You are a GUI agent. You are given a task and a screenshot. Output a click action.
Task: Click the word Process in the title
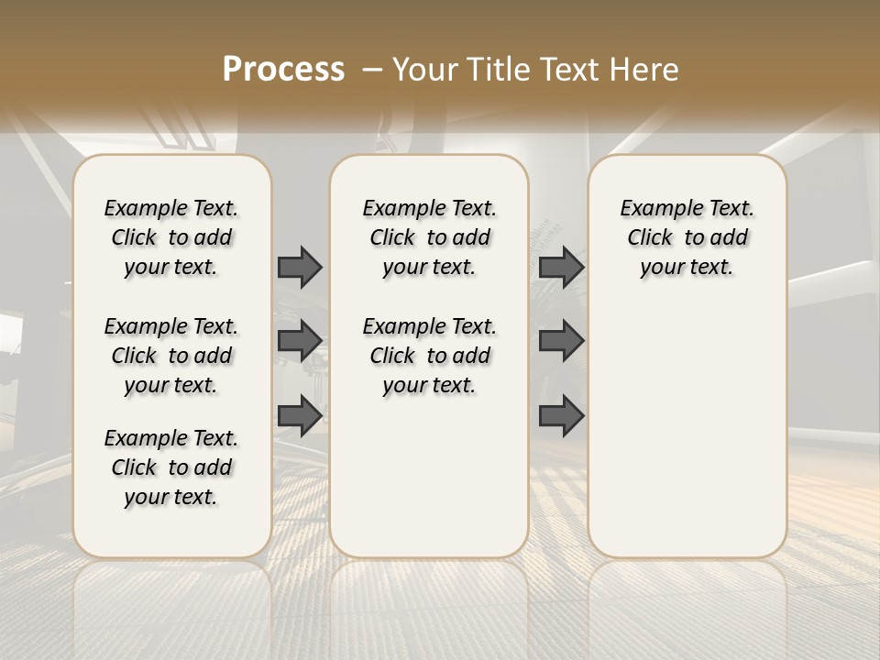point(283,70)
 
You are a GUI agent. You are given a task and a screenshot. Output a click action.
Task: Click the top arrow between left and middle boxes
point(300,267)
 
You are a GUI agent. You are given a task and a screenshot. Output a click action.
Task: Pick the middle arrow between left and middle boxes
point(300,341)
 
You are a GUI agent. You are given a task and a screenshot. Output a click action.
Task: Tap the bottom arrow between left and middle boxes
point(300,416)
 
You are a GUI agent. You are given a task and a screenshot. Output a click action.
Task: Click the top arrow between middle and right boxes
point(561,267)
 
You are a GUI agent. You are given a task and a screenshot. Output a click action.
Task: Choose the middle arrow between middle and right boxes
point(561,341)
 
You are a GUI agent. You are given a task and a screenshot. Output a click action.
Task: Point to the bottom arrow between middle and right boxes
point(561,416)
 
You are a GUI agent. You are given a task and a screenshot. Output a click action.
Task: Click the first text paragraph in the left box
point(171,237)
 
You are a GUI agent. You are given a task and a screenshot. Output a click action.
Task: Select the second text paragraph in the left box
point(171,356)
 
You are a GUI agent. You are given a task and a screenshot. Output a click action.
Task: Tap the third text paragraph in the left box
point(171,467)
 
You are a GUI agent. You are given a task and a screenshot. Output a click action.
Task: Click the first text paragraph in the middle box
point(429,237)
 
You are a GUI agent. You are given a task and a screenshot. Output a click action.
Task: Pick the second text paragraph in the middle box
point(429,356)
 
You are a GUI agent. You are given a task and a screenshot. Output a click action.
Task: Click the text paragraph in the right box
point(687,237)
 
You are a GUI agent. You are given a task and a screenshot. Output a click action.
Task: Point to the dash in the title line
point(372,70)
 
